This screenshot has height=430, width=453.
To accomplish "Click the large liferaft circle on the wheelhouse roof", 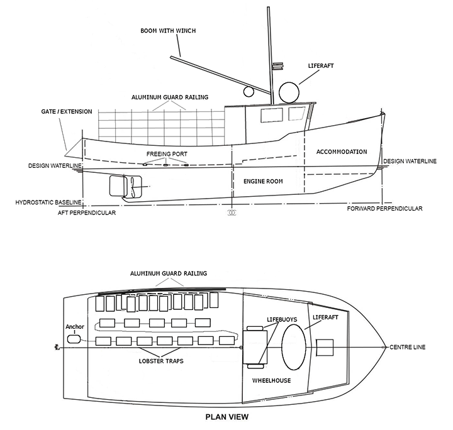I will [289, 93].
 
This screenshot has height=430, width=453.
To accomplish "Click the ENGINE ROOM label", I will [263, 181].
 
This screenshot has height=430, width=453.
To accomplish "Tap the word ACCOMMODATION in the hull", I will [342, 152].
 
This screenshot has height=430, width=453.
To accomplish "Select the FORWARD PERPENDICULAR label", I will [384, 209].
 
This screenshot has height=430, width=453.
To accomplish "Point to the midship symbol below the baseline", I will [232, 213].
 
